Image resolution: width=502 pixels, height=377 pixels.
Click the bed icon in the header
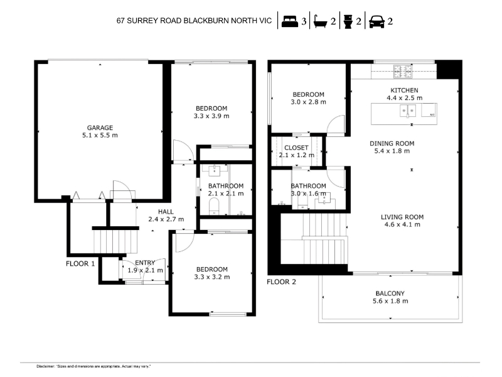point(290,21)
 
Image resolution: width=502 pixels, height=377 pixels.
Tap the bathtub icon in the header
point(320,21)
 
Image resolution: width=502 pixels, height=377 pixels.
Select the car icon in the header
point(376,21)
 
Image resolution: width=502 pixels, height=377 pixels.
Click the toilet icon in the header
point(348,21)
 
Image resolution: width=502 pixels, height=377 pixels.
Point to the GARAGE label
point(100,128)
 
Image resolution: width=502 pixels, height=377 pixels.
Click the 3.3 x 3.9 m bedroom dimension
point(211,116)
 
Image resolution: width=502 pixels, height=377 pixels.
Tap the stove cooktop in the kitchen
point(403,72)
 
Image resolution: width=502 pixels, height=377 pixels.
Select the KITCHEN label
point(404,90)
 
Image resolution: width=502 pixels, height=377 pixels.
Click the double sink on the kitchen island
point(407,111)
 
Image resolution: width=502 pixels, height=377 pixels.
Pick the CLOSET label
point(296,148)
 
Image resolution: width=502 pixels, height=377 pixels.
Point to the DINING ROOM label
point(392,144)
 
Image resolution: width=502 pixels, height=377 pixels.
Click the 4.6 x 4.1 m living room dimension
point(402,224)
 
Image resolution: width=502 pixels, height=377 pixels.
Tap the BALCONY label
point(390,293)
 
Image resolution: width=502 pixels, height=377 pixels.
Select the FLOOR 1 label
point(80,264)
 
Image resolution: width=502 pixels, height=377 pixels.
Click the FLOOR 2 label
point(281,282)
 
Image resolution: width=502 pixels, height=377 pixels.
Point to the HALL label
point(166,212)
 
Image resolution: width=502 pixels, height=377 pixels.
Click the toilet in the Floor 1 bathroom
point(213,207)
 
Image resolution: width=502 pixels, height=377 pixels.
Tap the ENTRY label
point(145,263)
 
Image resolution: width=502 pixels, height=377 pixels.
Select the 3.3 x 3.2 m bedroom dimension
point(212,277)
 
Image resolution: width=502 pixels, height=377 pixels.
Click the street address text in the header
point(194,21)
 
